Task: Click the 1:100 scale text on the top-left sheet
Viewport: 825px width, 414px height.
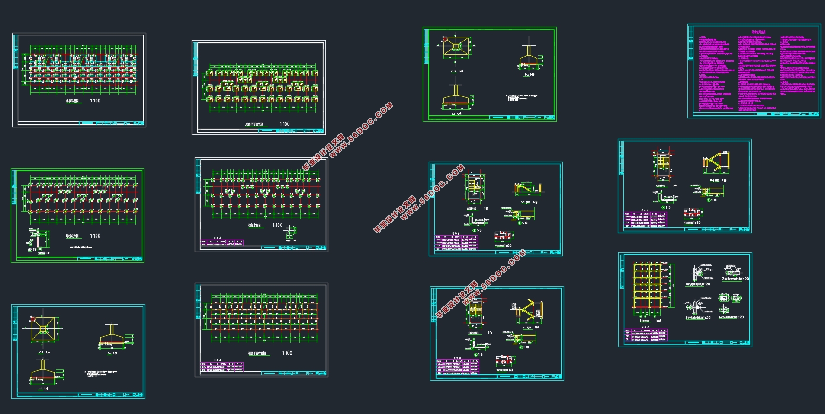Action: tap(95, 101)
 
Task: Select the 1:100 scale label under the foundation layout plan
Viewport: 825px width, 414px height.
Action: tap(284, 124)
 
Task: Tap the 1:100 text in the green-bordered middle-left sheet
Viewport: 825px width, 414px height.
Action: tap(95, 236)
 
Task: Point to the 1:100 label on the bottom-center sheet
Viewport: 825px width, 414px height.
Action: tap(287, 353)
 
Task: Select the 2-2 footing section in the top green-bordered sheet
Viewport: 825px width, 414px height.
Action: tap(529, 58)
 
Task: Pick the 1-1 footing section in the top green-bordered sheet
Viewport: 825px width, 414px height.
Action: tap(459, 97)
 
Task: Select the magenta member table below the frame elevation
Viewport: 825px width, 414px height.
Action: tap(645, 335)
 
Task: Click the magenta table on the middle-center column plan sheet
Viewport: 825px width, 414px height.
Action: tap(222, 243)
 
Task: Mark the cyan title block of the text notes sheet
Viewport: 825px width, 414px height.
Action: tap(787, 115)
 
